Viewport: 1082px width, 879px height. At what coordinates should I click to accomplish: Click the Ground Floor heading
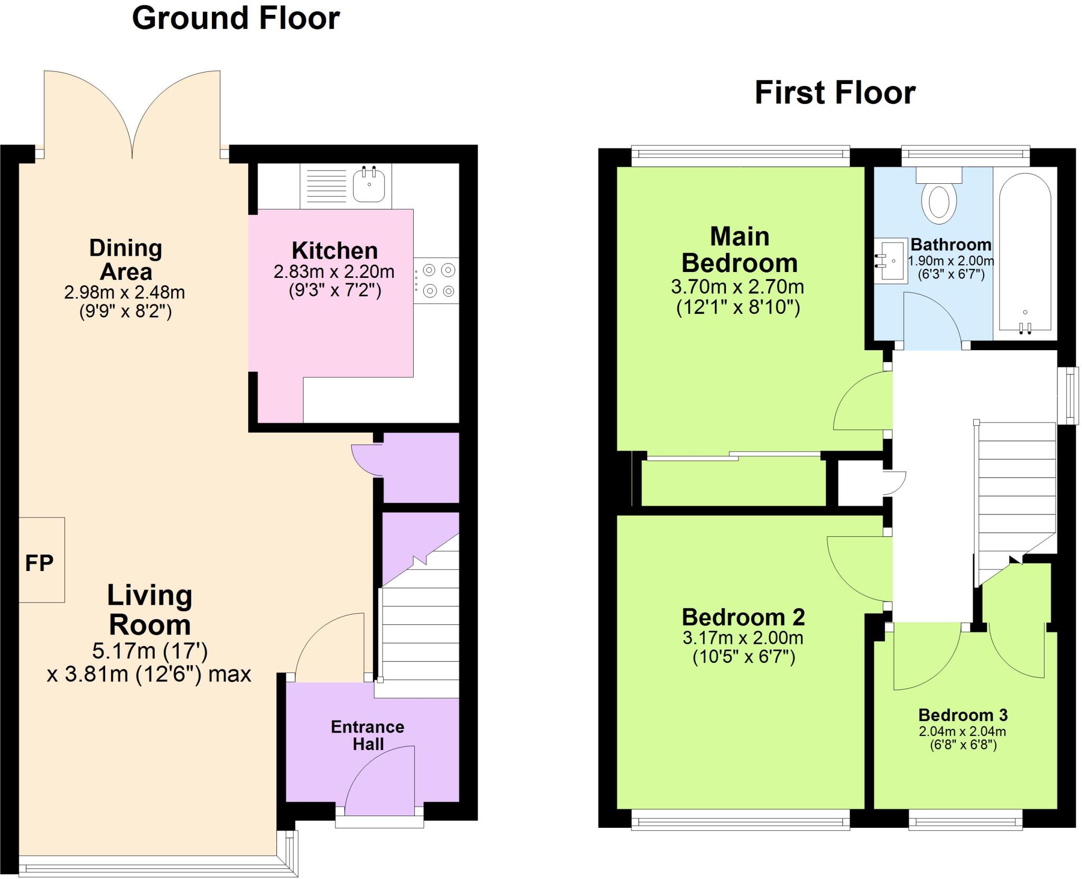(x=236, y=18)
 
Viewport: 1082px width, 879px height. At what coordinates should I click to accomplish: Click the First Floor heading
(x=835, y=93)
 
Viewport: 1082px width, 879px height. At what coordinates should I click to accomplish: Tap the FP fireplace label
(x=40, y=563)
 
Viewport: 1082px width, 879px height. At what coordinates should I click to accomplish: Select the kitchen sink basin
(x=369, y=184)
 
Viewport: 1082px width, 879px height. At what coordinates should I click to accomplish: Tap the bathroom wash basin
(x=891, y=261)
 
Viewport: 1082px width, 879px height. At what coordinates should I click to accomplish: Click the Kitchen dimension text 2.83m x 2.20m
(x=334, y=272)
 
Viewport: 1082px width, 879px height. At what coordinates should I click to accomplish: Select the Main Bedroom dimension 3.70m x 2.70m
(x=738, y=287)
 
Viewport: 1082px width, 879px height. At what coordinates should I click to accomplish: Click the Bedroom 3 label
(x=963, y=715)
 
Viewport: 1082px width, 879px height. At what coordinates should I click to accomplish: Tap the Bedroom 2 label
(x=743, y=617)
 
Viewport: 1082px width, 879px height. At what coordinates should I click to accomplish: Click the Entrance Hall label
(x=368, y=735)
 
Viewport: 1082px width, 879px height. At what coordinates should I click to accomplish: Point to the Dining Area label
(x=125, y=260)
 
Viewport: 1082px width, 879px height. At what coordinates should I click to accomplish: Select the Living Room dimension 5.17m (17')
(x=150, y=651)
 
